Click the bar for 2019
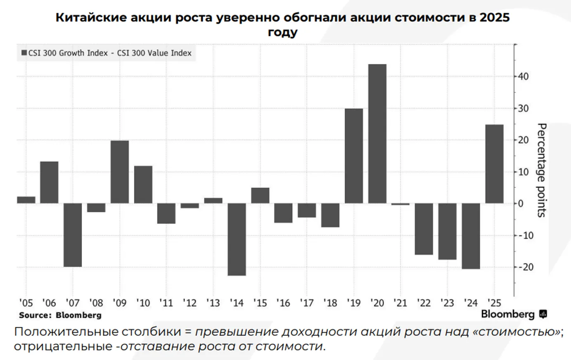click(x=354, y=156)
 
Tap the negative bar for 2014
click(x=237, y=239)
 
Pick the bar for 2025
click(x=494, y=163)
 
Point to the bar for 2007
click(x=73, y=234)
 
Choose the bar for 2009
click(x=120, y=172)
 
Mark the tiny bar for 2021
click(x=400, y=204)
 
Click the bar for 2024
click(x=471, y=236)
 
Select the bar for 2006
click(x=49, y=182)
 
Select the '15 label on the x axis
click(x=260, y=303)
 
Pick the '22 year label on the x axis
click(x=424, y=303)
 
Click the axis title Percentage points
click(x=541, y=170)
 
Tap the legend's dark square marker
click(x=24, y=53)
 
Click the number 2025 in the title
click(x=494, y=17)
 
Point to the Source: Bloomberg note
click(x=60, y=315)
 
